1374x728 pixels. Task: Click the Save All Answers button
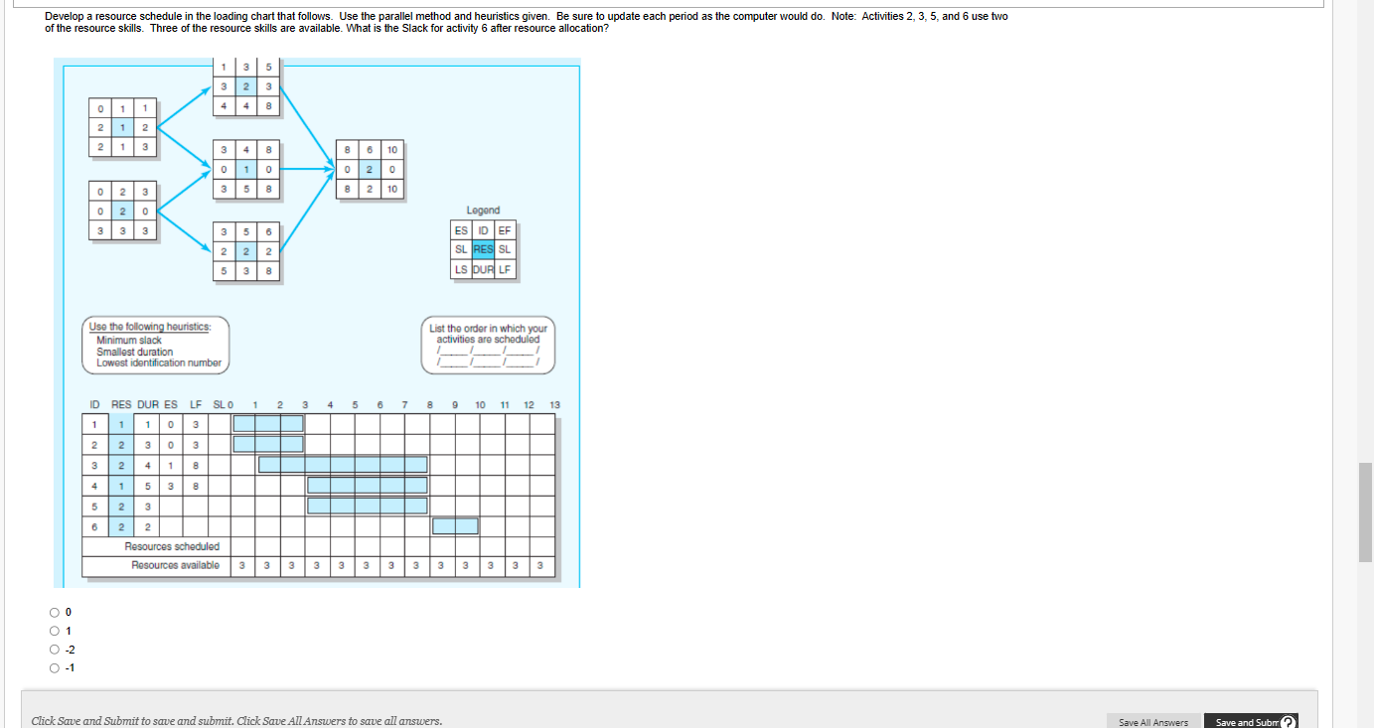coord(1152,722)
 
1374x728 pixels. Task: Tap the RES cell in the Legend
coord(484,250)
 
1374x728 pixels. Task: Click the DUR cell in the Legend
coord(484,269)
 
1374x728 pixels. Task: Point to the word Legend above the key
coord(483,211)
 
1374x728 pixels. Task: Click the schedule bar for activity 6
coord(455,526)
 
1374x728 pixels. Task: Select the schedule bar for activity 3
coord(343,465)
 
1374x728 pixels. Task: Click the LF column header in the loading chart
coord(196,404)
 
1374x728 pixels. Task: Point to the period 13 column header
coord(554,404)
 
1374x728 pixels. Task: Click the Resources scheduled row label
coord(172,546)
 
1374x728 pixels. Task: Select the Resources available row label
coord(175,566)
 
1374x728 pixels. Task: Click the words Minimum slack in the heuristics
coord(128,341)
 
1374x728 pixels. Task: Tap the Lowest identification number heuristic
coord(158,363)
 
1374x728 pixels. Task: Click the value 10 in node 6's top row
coord(392,150)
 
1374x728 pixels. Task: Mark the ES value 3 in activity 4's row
coord(171,486)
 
